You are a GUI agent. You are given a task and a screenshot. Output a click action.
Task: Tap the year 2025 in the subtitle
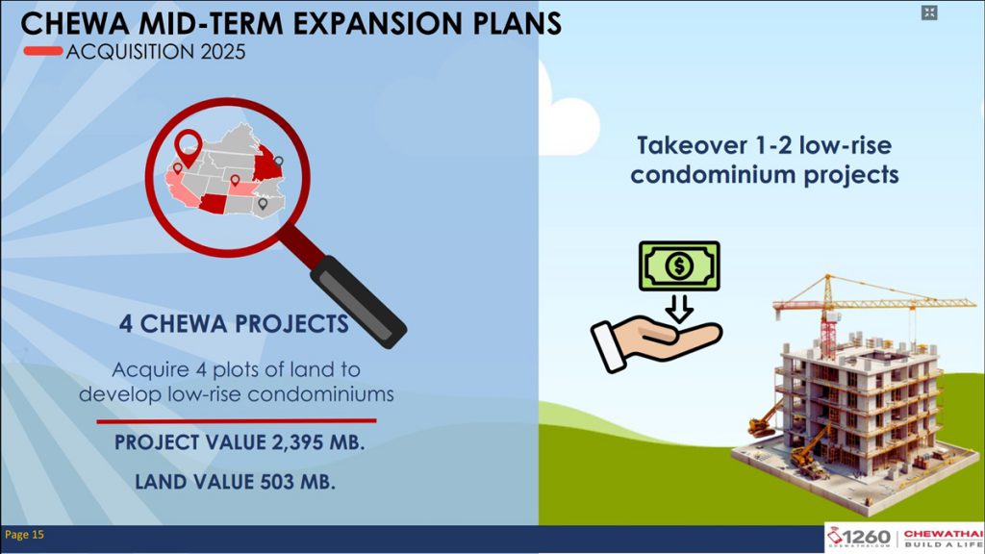pyautogui.click(x=223, y=52)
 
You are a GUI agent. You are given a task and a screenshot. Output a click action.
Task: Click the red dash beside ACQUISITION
pyautogui.click(x=43, y=51)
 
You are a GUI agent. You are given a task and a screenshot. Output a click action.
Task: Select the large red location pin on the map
pyautogui.click(x=188, y=147)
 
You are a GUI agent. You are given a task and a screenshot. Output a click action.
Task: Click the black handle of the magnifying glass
pyautogui.click(x=359, y=301)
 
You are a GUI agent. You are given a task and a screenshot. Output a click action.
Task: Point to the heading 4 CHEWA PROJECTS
pyautogui.click(x=234, y=324)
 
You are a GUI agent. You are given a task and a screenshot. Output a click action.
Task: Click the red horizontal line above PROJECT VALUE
pyautogui.click(x=237, y=421)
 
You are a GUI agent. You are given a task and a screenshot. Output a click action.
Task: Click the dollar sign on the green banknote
pyautogui.click(x=679, y=265)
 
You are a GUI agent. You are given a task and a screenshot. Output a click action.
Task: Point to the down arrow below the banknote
pyautogui.click(x=679, y=309)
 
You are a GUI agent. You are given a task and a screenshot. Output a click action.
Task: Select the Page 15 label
pyautogui.click(x=24, y=535)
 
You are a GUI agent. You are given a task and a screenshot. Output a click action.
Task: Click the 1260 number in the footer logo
pyautogui.click(x=867, y=538)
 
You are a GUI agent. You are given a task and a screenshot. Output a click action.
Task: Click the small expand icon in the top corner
pyautogui.click(x=929, y=13)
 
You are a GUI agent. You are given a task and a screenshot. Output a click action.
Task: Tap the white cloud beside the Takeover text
pyautogui.click(x=568, y=119)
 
